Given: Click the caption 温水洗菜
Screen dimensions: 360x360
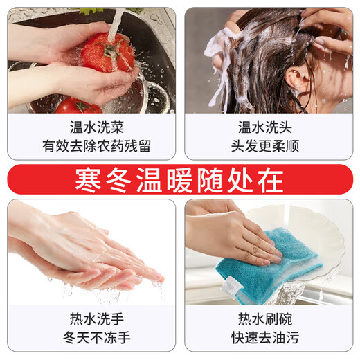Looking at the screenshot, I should tap(91, 127).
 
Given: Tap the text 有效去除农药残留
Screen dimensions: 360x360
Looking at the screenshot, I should tap(91, 146).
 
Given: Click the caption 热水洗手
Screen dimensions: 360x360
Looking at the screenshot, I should tap(91, 319).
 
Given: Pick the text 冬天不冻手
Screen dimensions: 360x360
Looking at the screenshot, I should tap(91, 338).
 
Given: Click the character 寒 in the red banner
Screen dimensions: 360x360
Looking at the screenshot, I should tap(90, 179).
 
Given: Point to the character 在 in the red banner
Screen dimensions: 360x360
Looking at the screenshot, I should tap(269, 179).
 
